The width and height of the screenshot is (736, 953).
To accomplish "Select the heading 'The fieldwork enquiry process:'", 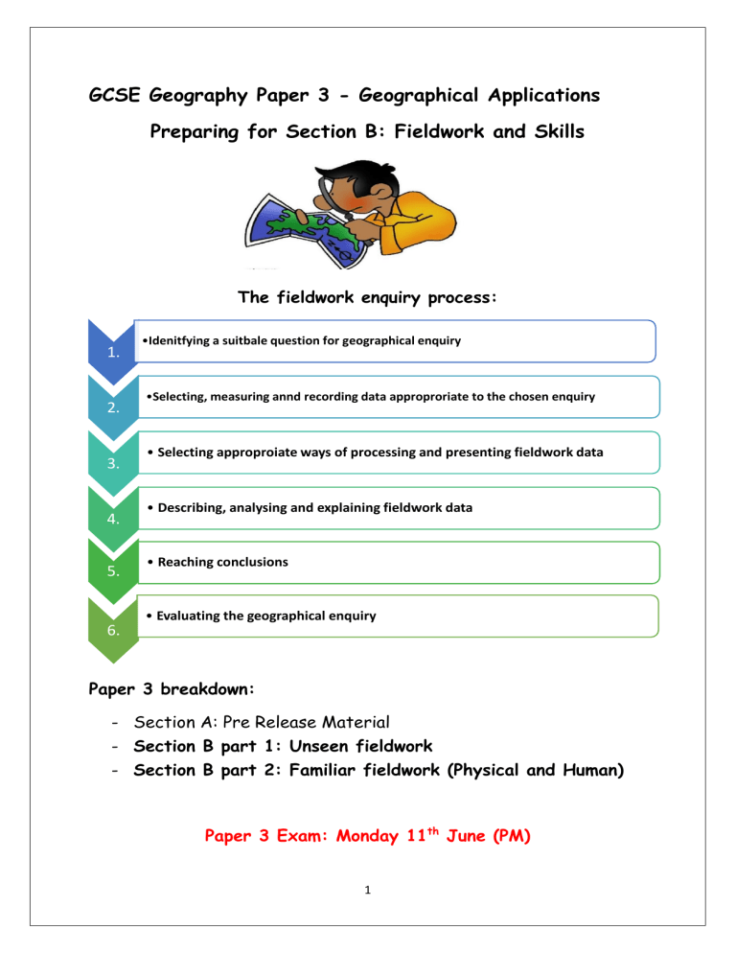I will click(367, 297).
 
